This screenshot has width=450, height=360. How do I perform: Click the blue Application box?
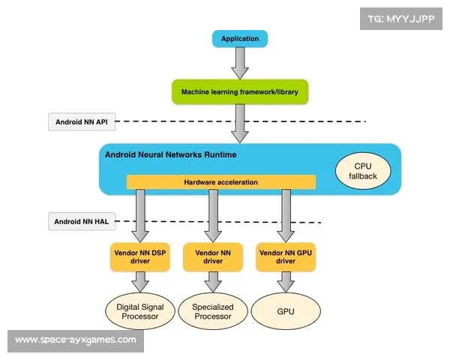pos(239,38)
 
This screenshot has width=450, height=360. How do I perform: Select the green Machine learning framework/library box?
pos(239,91)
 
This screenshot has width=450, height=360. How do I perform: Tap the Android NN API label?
pos(82,121)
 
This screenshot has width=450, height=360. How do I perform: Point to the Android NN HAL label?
pos(82,222)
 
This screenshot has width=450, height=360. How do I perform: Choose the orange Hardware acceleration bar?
pos(220,182)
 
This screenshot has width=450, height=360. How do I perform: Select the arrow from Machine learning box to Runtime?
pos(239,123)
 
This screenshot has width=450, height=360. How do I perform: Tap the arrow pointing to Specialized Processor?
pos(213,283)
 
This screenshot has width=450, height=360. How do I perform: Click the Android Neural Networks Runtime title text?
pos(171,155)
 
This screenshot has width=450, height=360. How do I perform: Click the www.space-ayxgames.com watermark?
pos(75,340)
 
